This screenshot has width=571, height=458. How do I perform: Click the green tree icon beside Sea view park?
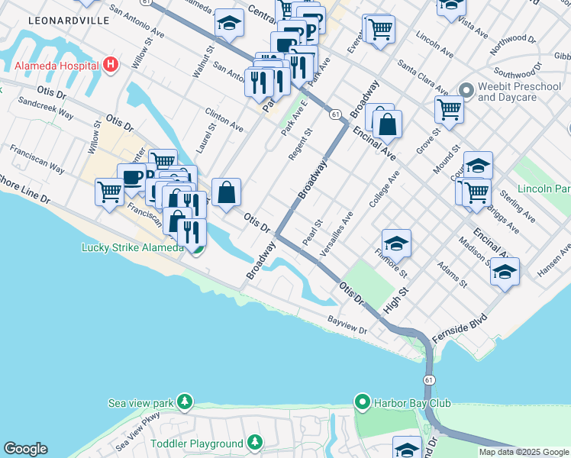click(x=183, y=402)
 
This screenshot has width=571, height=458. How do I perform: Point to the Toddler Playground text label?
click(x=197, y=443)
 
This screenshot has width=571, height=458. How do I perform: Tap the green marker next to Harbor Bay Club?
click(x=363, y=402)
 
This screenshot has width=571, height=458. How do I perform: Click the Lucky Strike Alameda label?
click(x=132, y=247)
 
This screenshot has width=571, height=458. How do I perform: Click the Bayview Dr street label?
click(x=347, y=324)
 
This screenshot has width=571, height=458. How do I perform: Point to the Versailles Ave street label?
click(x=338, y=234)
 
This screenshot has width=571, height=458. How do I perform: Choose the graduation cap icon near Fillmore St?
click(x=396, y=244)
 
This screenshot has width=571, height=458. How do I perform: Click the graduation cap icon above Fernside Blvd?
click(x=505, y=272)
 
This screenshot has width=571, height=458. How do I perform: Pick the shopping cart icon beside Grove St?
click(x=450, y=108)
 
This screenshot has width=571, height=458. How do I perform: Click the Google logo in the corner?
click(x=25, y=449)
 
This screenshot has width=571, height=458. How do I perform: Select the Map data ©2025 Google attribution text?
click(x=524, y=452)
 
